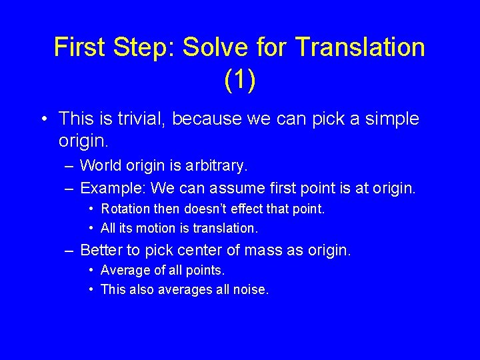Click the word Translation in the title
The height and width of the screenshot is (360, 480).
pyautogui.click(x=359, y=47)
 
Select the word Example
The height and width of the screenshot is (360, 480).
pyautogui.click(x=108, y=188)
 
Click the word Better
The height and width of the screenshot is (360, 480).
pyautogui.click(x=100, y=251)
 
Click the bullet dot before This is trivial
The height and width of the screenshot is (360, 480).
pyautogui.click(x=42, y=120)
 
